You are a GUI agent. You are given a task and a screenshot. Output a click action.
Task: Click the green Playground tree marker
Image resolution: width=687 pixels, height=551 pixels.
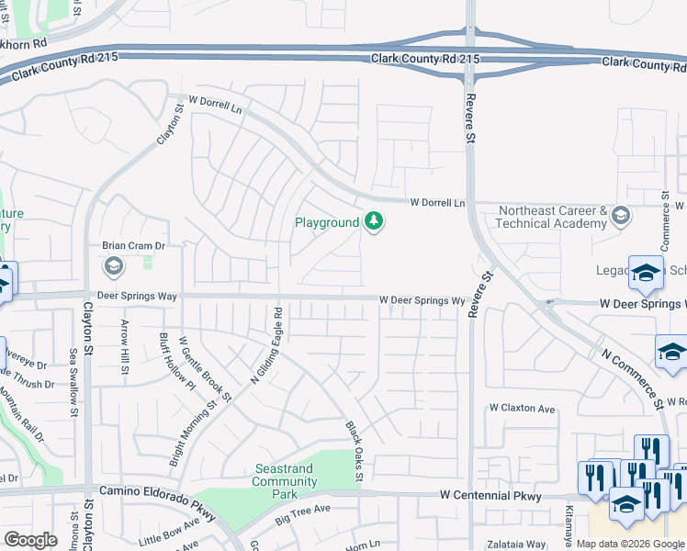click(373, 221)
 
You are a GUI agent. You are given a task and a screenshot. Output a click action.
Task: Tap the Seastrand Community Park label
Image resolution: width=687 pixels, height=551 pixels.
click(285, 481)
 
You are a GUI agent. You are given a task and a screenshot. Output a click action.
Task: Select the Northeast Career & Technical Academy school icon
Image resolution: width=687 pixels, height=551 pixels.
click(620, 217)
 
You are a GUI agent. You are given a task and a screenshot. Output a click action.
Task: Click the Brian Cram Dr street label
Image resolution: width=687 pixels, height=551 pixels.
click(132, 246)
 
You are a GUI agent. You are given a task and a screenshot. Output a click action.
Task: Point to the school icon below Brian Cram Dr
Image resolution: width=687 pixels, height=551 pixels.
click(114, 267)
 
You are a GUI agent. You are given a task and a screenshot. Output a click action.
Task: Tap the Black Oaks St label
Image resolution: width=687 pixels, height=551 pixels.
click(354, 451)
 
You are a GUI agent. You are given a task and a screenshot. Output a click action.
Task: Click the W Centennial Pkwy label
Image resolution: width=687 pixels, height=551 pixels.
click(490, 496)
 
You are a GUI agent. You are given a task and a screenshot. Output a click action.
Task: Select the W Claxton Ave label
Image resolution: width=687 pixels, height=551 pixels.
click(522, 408)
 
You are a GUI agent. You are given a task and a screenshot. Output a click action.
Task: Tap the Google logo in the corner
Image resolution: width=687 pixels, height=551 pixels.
click(30, 540)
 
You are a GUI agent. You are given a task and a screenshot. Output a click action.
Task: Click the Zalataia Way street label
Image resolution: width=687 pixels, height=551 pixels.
click(516, 544)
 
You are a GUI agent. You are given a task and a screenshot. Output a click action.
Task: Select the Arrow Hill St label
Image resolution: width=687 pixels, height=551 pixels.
click(125, 346)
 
